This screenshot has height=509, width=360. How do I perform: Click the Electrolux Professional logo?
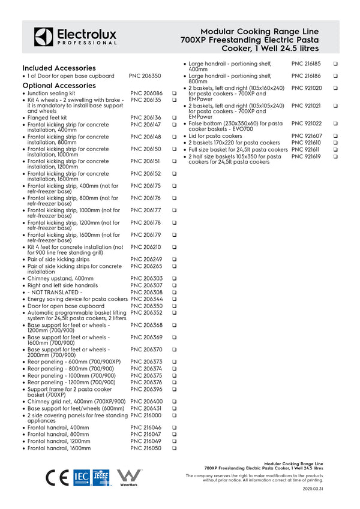tap(75, 37)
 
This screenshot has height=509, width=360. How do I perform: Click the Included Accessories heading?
tap(59, 68)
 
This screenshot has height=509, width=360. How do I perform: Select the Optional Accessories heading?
tap(59, 86)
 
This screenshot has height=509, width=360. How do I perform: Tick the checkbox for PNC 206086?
tap(173, 94)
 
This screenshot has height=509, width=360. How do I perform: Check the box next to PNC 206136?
tap(173, 118)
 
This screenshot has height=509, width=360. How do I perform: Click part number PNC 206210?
tap(146, 247)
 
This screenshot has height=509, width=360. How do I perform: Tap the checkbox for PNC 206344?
tap(173, 299)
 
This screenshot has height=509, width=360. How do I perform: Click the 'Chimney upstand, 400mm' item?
tap(60, 279)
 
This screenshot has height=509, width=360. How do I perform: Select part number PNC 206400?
tap(146, 402)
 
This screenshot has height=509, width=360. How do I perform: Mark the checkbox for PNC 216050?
tap(173, 448)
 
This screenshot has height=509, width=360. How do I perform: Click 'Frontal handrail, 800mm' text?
tap(58, 434)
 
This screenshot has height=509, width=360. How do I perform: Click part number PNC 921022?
tap(307, 124)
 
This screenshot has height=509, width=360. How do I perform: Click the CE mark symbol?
tap(58, 477)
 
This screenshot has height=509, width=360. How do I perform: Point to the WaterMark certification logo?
tap(128, 477)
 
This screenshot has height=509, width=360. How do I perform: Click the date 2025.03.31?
tap(313, 489)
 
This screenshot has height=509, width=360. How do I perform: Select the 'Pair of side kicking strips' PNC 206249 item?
tap(58, 260)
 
